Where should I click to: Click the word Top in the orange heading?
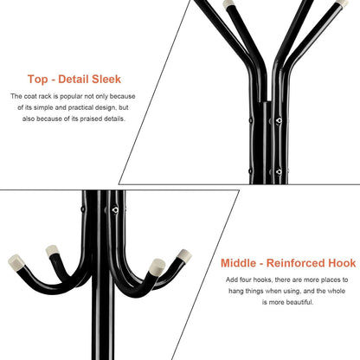[38, 79]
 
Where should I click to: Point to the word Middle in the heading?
[238, 263]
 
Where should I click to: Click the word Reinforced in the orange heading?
[296, 263]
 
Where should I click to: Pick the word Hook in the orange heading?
[342, 263]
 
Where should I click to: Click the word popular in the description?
[71, 96]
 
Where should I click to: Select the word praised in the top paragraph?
[91, 119]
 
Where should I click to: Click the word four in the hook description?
[246, 280]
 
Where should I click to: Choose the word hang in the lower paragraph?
[236, 291]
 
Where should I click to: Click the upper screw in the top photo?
[279, 120]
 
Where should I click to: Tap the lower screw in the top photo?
[279, 172]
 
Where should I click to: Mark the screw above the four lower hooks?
[115, 209]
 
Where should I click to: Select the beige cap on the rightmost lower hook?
[184, 255]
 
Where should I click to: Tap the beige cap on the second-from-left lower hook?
[52, 250]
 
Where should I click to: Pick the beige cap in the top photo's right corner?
[343, 4]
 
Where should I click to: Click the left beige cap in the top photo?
[229, 3]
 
